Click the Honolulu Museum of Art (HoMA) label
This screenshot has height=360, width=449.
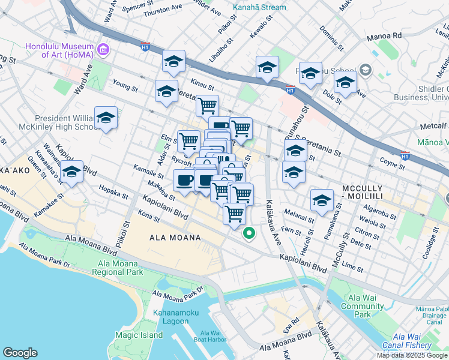pos(59,51)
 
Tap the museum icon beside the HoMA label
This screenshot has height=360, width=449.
pos(103,49)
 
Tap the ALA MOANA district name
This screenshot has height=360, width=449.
pos(174,238)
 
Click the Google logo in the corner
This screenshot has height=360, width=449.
pos(20,353)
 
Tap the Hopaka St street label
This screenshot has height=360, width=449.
pos(113,195)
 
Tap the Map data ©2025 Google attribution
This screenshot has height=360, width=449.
pos(412,355)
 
